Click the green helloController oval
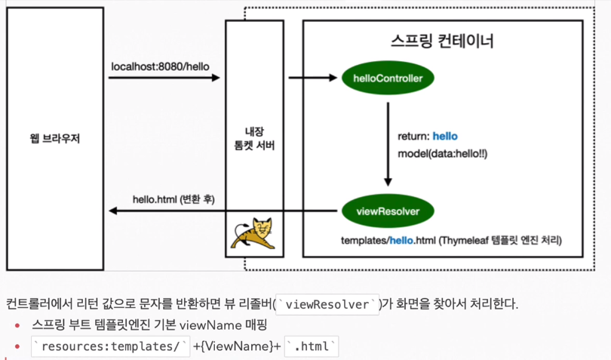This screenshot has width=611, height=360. pyautogui.click(x=388, y=78)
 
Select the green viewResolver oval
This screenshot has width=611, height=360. pyautogui.click(x=388, y=211)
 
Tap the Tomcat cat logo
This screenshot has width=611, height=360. pyautogui.click(x=253, y=233)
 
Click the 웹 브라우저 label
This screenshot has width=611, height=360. pyautogui.click(x=54, y=138)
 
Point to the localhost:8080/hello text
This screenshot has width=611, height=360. pyautogui.click(x=160, y=66)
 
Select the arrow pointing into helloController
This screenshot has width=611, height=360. pyautogui.click(x=312, y=78)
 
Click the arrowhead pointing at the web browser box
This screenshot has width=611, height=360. pyautogui.click(x=113, y=211)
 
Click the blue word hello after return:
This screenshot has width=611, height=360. pyautogui.click(x=444, y=137)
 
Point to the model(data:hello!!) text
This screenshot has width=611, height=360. pyautogui.click(x=442, y=154)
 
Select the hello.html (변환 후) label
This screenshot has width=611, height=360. pyautogui.click(x=173, y=200)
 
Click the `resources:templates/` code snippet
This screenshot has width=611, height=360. pyautogui.click(x=110, y=346)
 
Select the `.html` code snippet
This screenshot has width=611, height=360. pyautogui.click(x=312, y=346)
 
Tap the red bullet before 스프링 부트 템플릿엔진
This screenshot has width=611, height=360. pyautogui.click(x=17, y=326)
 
